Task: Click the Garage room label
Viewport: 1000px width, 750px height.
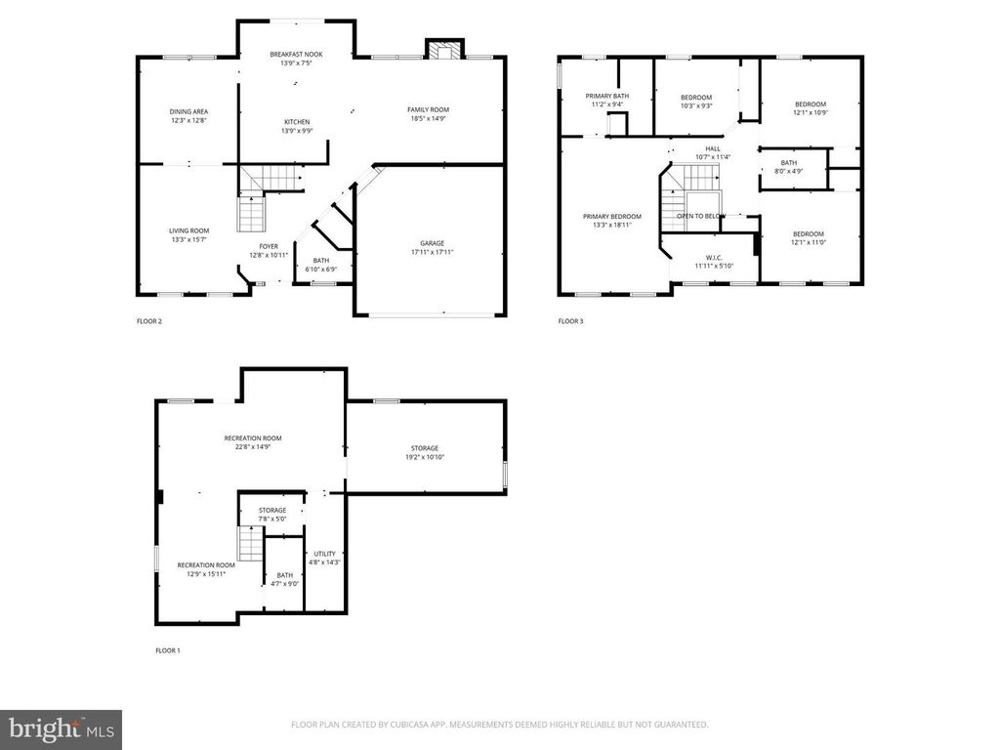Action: point(432,243)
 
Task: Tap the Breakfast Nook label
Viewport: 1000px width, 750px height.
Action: point(295,55)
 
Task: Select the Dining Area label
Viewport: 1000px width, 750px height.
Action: point(188,111)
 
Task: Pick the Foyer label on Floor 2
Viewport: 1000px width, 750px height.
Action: point(269,246)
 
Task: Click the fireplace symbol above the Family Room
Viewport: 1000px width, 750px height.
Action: point(444,52)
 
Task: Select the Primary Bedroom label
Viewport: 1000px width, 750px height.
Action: point(612,216)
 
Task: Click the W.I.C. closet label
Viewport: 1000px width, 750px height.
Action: point(713,257)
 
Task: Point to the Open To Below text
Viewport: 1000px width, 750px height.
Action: point(701,216)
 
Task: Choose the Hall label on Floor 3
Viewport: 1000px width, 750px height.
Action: point(713,148)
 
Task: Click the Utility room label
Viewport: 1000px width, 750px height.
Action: point(325,554)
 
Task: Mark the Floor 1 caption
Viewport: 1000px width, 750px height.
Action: point(168,650)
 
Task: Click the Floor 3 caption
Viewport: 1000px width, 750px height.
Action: point(570,321)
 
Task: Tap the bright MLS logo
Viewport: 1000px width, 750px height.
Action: point(61,729)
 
